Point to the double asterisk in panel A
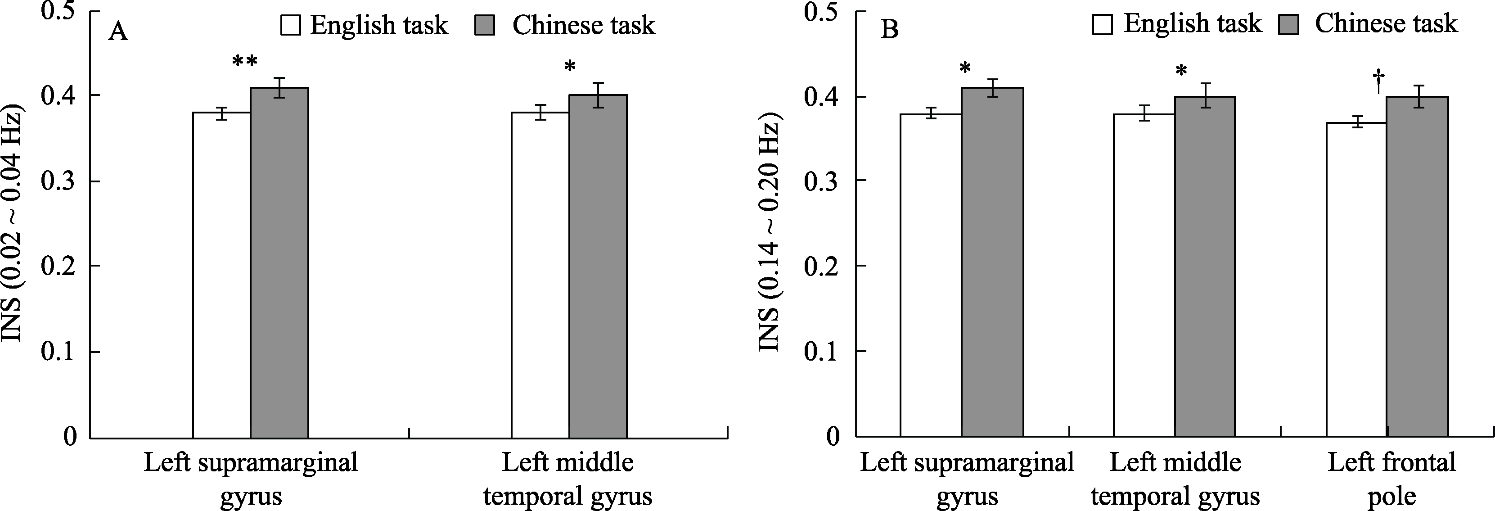244,62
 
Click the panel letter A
118,30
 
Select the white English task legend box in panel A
290,26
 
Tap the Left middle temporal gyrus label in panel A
567,479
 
